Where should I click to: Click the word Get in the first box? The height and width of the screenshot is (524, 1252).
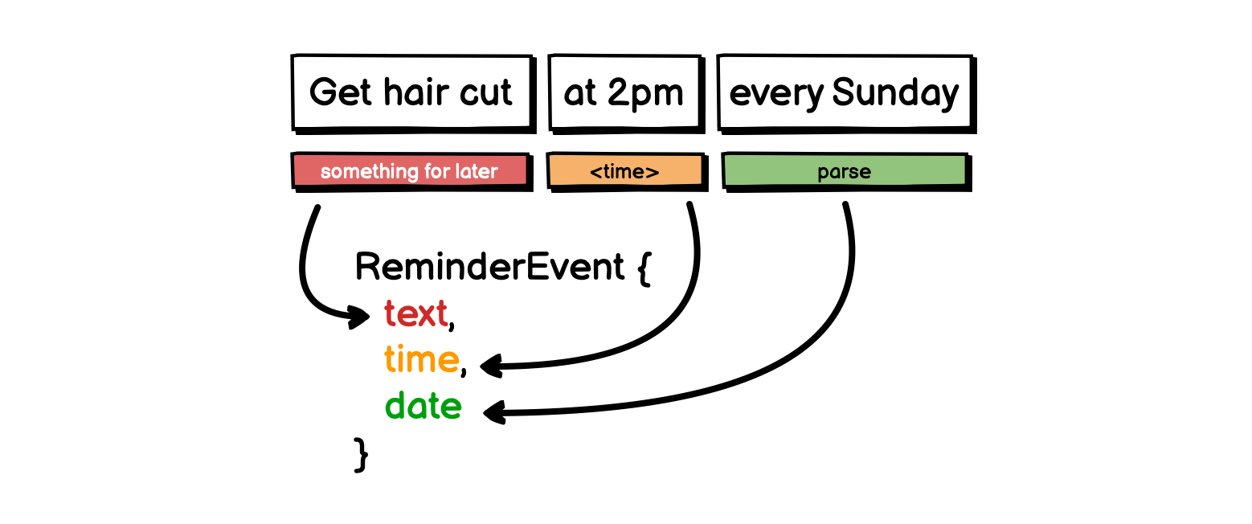point(340,92)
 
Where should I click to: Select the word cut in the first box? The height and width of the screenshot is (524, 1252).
point(485,93)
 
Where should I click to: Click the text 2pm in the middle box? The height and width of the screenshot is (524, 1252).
point(645,94)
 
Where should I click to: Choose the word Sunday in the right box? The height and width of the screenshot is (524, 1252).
point(895,93)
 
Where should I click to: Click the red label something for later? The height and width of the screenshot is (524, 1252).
point(410,170)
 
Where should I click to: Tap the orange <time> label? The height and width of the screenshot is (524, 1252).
point(625,170)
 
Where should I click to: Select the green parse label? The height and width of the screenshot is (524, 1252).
point(845,170)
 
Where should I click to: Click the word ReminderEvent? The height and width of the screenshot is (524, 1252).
point(489,267)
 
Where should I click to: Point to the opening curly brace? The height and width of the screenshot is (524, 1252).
point(644,268)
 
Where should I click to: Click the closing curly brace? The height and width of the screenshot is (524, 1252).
point(361,455)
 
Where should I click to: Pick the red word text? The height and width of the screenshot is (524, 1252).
point(415,313)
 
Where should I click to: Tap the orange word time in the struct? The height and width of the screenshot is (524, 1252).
point(421,359)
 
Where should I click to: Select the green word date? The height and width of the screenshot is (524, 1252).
point(423,405)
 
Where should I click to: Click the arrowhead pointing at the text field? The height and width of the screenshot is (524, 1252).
point(358,317)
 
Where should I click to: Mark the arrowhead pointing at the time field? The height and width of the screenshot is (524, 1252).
point(491,366)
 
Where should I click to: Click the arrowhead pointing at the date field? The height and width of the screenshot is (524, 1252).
point(494,413)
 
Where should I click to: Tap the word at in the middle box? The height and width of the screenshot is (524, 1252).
point(580,93)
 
